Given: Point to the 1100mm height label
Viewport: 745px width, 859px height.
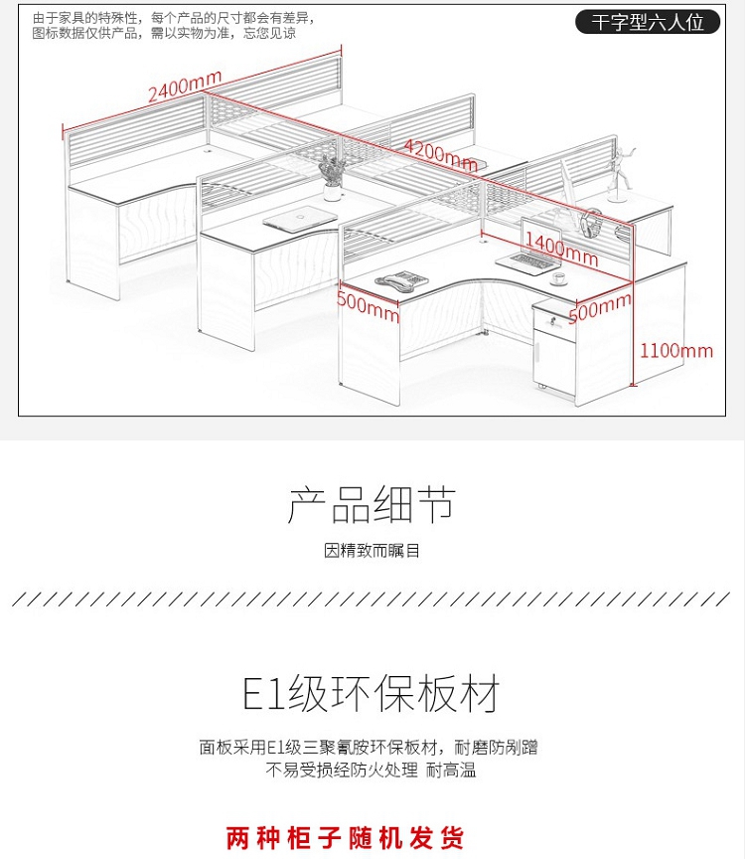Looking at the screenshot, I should click(676, 350).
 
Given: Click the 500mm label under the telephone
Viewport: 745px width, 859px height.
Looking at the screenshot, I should click(368, 305).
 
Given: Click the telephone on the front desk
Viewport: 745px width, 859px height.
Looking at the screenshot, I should click(402, 280).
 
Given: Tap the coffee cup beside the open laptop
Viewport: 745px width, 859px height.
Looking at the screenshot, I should click(559, 277).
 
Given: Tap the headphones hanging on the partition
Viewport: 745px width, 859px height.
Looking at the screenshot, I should click(591, 221).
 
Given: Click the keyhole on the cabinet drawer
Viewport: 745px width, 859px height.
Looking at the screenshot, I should click(547, 320).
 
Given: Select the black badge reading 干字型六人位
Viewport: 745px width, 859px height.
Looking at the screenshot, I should click(647, 22).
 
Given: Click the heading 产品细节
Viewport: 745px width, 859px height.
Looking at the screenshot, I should click(372, 505).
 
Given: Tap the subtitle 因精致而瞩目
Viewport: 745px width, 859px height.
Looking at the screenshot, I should click(372, 550).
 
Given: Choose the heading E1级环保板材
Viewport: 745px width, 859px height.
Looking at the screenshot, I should click(372, 694).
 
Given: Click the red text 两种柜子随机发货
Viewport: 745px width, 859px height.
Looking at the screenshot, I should click(345, 837).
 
